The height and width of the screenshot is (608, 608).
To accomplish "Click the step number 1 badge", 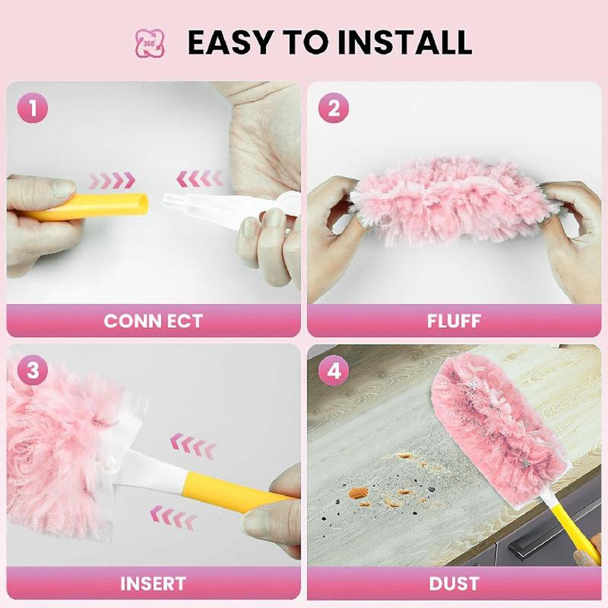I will (x=32, y=109).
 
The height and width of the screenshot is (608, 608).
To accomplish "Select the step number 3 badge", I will (x=32, y=372).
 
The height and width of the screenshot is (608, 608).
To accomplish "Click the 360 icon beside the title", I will (x=150, y=43).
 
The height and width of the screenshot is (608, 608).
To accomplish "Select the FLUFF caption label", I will (x=454, y=320).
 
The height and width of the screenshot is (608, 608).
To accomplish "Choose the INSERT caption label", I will (x=153, y=584).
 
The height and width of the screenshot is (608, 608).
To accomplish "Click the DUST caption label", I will (x=454, y=584).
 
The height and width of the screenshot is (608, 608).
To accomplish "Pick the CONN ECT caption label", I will (x=153, y=320).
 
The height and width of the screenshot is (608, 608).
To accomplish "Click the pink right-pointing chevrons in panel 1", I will (x=112, y=180).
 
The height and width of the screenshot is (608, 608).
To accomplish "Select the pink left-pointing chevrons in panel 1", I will (x=200, y=179).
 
